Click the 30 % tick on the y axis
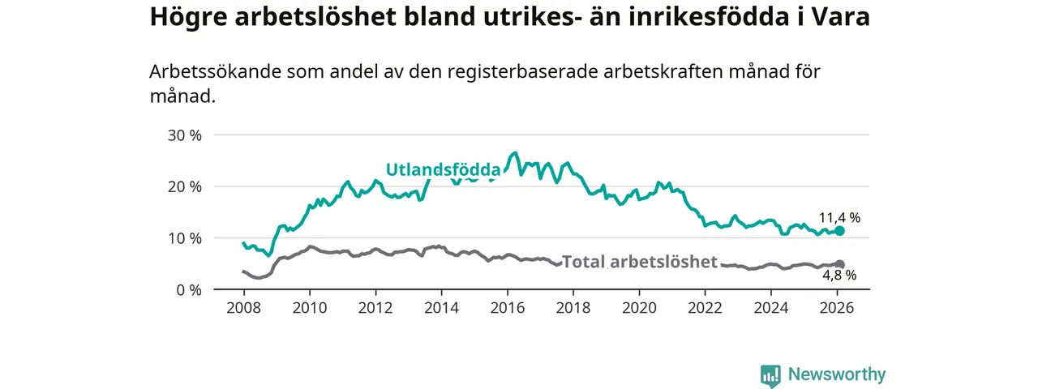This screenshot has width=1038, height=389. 185,135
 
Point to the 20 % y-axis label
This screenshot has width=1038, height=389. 185,186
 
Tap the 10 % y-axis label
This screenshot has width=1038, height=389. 185,238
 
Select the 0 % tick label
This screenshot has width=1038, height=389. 189,289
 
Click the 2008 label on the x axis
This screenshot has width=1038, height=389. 243,308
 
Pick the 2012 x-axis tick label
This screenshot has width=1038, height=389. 375,308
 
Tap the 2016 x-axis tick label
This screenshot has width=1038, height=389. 508,308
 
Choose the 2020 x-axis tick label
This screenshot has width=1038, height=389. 639,308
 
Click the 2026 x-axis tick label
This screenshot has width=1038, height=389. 838,308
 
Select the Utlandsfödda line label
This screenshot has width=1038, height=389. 443,170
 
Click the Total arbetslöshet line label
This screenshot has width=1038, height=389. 640,262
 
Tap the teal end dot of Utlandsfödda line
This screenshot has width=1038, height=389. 840,231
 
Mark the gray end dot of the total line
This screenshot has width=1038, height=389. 840,264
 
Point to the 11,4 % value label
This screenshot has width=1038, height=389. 839,217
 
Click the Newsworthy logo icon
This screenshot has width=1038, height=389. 771,375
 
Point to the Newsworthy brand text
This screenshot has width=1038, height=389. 836,374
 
